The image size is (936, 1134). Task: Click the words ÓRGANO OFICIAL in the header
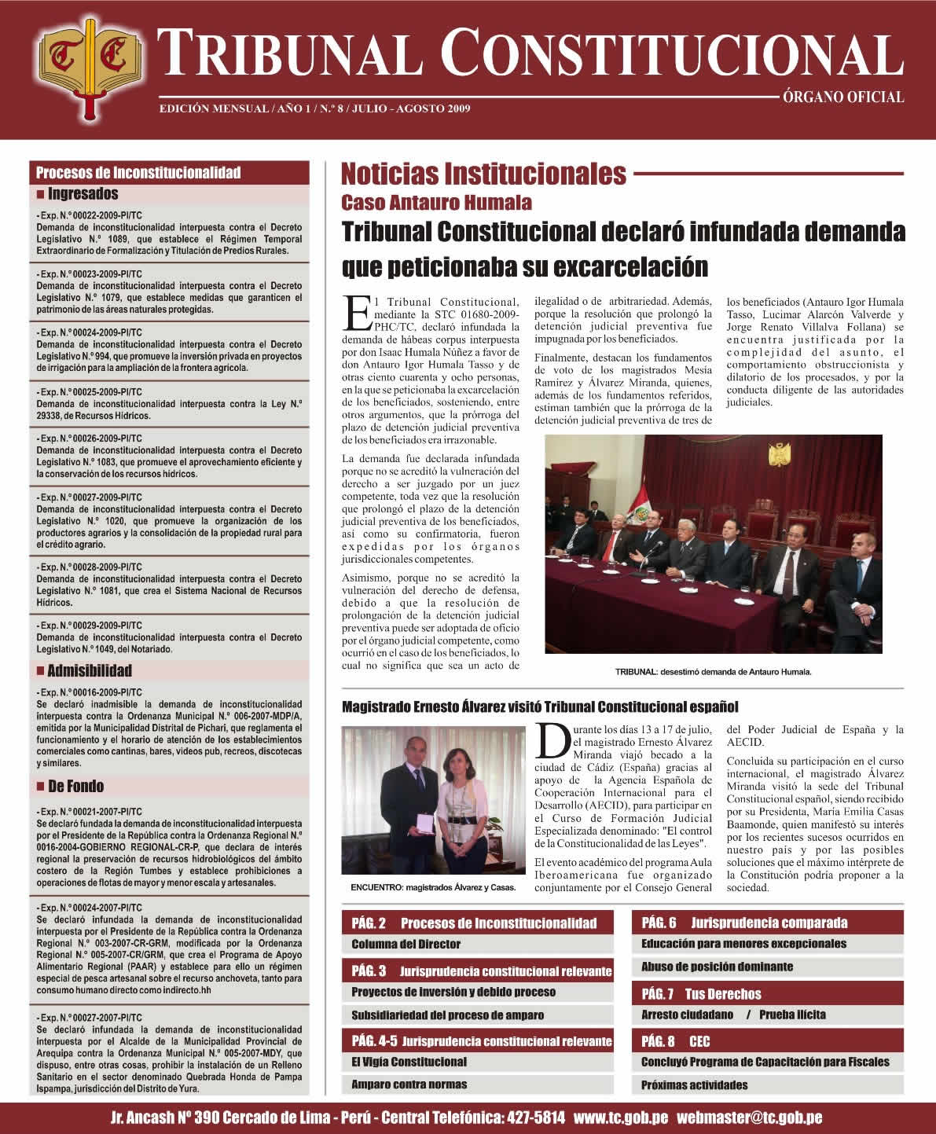(x=843, y=98)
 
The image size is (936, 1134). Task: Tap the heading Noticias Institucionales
(x=483, y=173)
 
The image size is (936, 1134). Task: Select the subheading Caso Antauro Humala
(x=436, y=203)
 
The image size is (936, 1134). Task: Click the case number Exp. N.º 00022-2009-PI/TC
(x=89, y=215)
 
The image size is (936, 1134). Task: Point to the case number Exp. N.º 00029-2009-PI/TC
(x=89, y=626)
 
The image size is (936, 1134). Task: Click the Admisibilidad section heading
(x=89, y=670)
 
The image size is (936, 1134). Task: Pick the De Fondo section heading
(x=75, y=786)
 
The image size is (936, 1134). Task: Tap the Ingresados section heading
(x=83, y=193)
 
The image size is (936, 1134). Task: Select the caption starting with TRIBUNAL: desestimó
(x=713, y=672)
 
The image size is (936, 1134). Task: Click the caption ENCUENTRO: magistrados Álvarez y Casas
(x=433, y=887)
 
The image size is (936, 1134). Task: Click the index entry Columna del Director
(x=406, y=944)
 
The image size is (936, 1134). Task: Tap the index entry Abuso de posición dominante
(x=717, y=967)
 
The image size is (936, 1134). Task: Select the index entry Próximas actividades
(x=694, y=1084)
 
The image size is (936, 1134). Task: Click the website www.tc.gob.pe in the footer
(x=621, y=1117)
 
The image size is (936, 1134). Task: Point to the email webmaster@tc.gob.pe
(x=749, y=1117)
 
